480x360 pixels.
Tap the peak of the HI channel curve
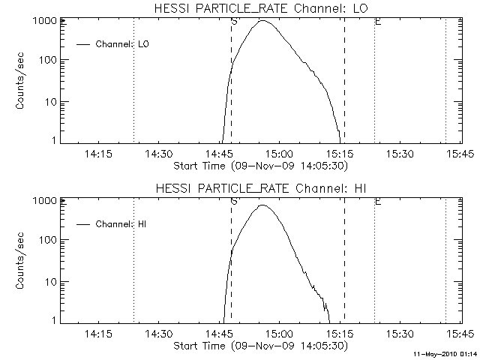click(262, 205)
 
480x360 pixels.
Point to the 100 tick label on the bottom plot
click(47, 240)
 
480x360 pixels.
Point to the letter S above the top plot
click(234, 22)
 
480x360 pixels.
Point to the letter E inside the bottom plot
click(377, 202)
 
